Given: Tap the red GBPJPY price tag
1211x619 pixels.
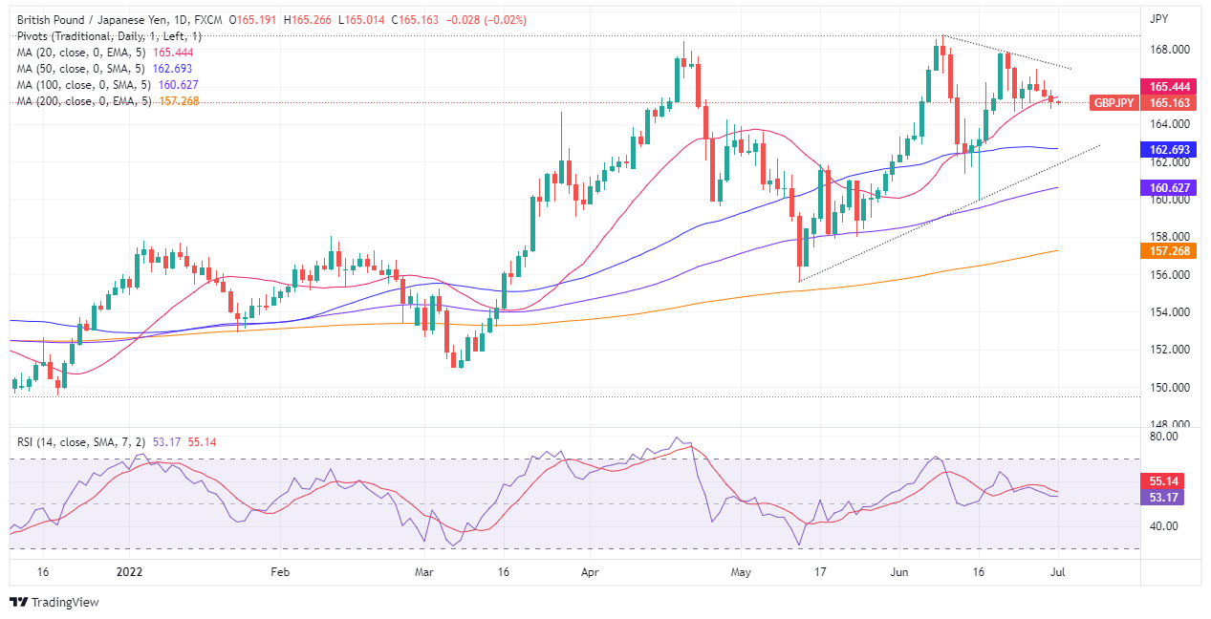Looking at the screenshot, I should [x=1114, y=102].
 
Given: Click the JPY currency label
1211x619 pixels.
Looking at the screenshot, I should [x=1159, y=18].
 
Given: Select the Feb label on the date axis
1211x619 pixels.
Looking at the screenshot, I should [x=279, y=572].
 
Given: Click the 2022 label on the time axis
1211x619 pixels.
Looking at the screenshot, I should [x=129, y=572].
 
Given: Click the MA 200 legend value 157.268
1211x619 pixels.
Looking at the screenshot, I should [x=179, y=101].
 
